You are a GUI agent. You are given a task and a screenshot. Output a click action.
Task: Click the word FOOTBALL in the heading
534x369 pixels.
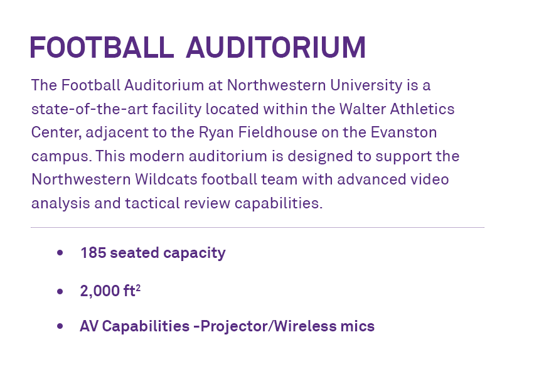(x=102, y=47)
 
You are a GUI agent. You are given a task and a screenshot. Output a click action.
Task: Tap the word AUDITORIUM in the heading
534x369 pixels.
(x=276, y=47)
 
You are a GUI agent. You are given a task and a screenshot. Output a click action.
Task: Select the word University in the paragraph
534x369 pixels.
(x=366, y=85)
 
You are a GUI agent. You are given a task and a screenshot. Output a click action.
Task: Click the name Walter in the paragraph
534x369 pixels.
(x=362, y=109)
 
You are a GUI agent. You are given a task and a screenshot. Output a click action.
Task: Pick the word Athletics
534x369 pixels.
(x=422, y=109)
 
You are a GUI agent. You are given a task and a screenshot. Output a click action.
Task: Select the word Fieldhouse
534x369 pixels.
(x=277, y=132)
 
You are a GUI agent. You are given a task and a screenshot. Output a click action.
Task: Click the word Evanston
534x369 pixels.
(x=403, y=132)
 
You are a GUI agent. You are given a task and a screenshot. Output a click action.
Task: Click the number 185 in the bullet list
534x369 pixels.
(x=93, y=253)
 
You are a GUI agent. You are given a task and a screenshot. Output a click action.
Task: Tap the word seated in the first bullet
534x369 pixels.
(x=134, y=253)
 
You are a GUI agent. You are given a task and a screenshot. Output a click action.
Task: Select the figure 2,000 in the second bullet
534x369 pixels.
(x=100, y=291)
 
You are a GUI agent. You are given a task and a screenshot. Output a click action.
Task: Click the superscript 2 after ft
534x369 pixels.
(x=138, y=289)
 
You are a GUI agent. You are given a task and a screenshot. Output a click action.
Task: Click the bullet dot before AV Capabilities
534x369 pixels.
(x=60, y=326)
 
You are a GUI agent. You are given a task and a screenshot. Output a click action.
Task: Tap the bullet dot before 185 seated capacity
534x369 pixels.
(x=60, y=253)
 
